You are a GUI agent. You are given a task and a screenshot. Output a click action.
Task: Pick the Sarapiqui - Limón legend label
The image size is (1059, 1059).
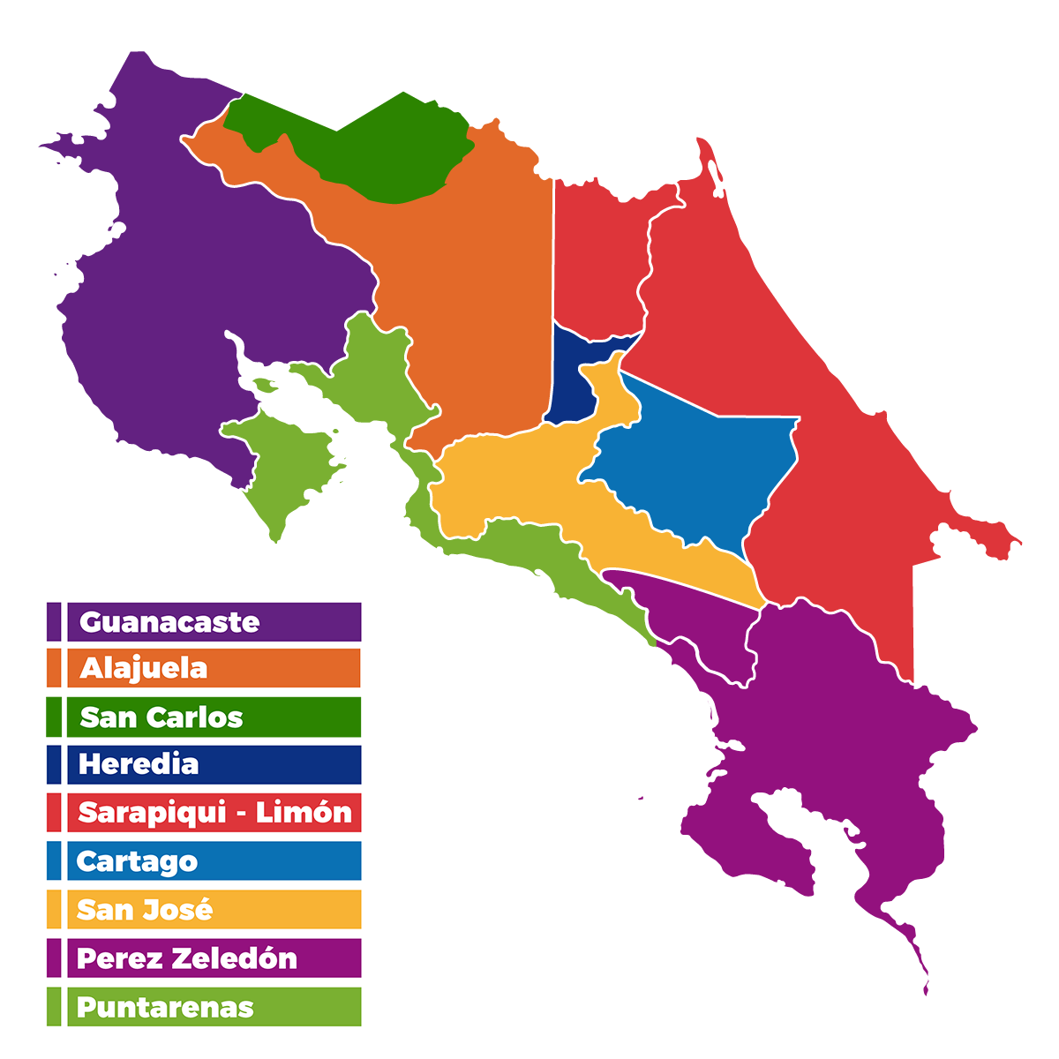click(214, 813)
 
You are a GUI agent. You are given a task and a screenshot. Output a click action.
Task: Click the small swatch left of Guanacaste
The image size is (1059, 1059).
click(54, 622)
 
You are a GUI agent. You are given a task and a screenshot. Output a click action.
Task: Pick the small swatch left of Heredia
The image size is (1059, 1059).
click(54, 764)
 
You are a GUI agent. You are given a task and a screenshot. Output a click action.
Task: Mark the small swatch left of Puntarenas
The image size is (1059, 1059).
click(54, 1007)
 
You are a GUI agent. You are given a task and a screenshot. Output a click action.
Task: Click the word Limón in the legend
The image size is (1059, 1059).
click(304, 813)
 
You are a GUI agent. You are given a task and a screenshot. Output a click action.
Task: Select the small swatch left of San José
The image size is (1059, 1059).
click(54, 910)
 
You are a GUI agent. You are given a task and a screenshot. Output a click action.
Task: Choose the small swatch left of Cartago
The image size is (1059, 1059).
click(54, 861)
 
